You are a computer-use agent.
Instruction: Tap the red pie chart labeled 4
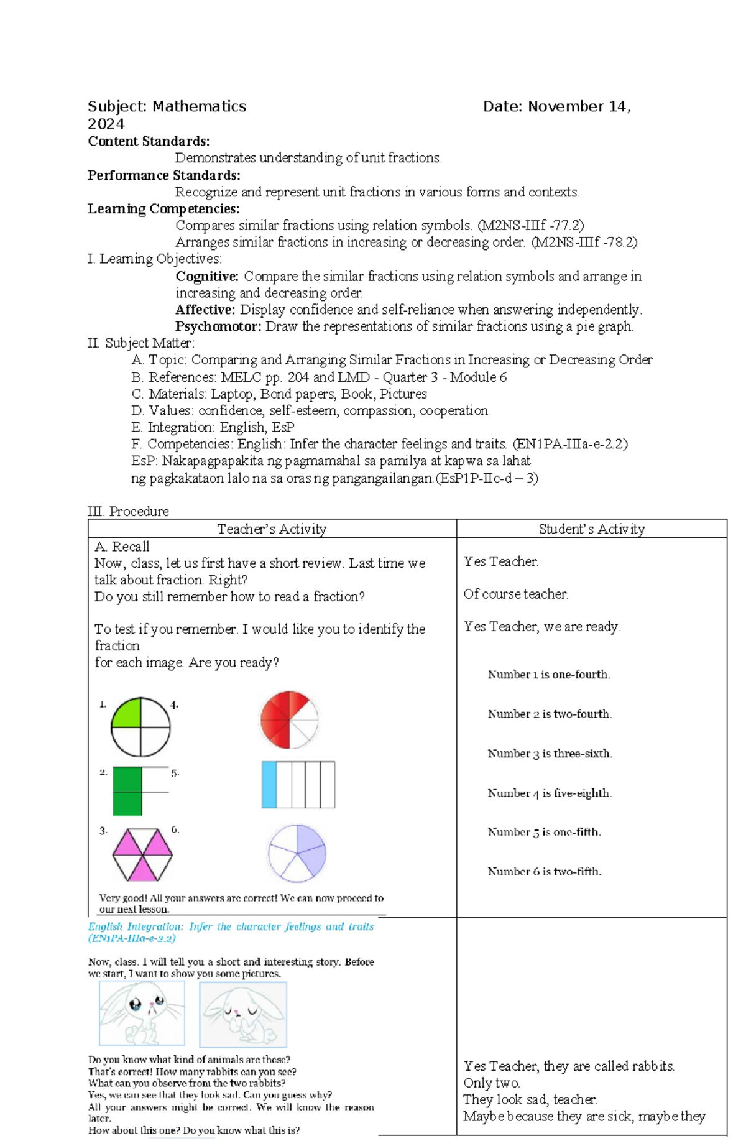pyautogui.click(x=289, y=719)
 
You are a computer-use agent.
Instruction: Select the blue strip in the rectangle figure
pyautogui.click(x=269, y=784)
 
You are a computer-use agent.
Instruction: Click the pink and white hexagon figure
pyautogui.click(x=142, y=854)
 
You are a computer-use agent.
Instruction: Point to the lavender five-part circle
pyautogui.click(x=297, y=853)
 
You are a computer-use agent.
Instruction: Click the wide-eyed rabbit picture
pyautogui.click(x=142, y=1014)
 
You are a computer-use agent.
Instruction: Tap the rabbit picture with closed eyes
pyautogui.click(x=243, y=1015)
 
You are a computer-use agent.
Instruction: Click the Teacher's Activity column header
pyautogui.click(x=272, y=529)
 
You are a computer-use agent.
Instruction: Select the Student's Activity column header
pyautogui.click(x=591, y=529)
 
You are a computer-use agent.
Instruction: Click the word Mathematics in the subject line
pyautogui.click(x=199, y=106)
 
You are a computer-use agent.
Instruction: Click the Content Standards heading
pyautogui.click(x=149, y=141)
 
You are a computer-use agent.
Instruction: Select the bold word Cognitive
pyautogui.click(x=207, y=276)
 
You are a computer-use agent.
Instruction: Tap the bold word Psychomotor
pyautogui.click(x=218, y=326)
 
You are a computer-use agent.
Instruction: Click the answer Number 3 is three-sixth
pyautogui.click(x=550, y=754)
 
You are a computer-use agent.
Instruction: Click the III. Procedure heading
pyautogui.click(x=128, y=511)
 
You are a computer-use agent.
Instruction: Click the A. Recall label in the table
pyautogui.click(x=122, y=547)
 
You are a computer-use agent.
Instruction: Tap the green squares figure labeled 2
pyautogui.click(x=128, y=791)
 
